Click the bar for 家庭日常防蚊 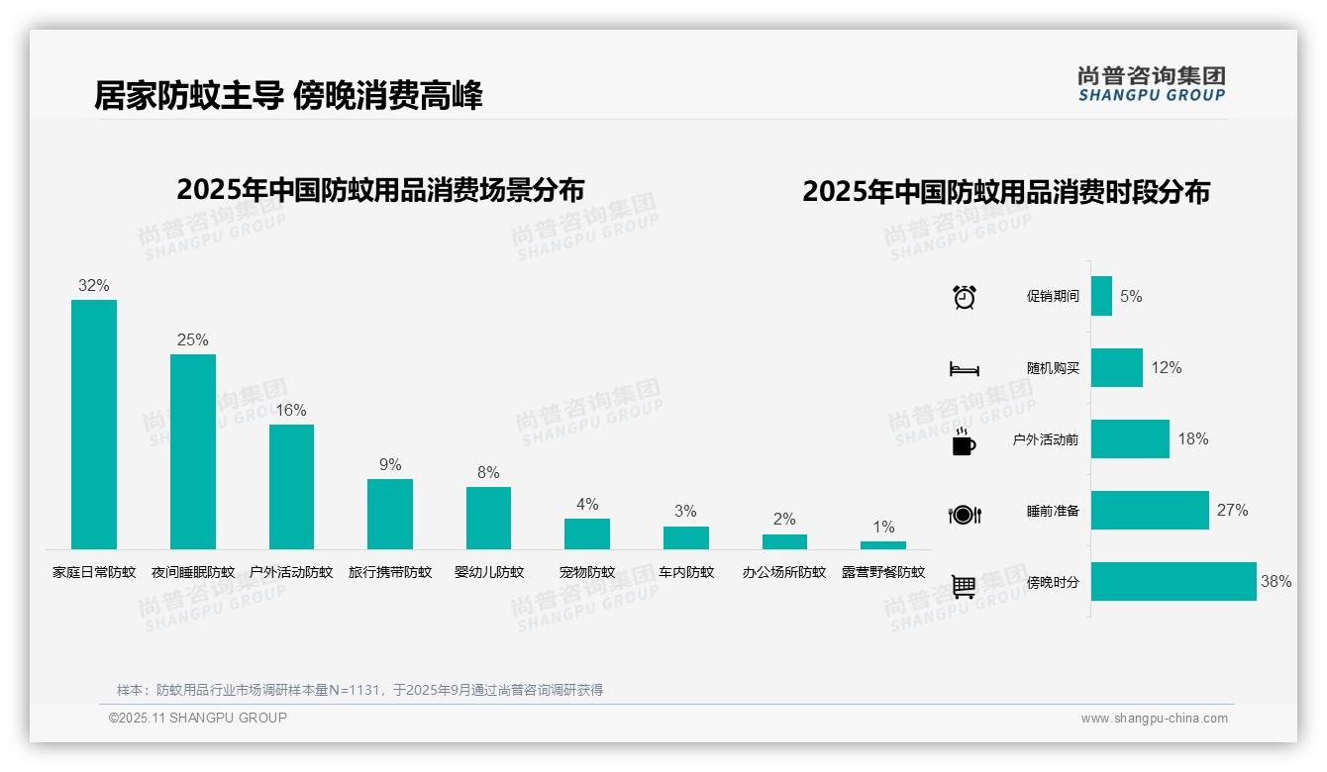pyautogui.click(x=94, y=425)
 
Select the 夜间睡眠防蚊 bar pyautogui.click(x=193, y=451)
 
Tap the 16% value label pyautogui.click(x=291, y=410)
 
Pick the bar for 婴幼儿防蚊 pyautogui.click(x=488, y=518)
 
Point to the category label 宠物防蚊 pyautogui.click(x=587, y=572)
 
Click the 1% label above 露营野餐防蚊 pyautogui.click(x=883, y=527)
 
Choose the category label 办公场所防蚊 pyautogui.click(x=784, y=572)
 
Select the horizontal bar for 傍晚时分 pyautogui.click(x=1174, y=582)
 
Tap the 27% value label pyautogui.click(x=1233, y=511)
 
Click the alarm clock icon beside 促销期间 pyautogui.click(x=965, y=297)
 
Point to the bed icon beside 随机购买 pyautogui.click(x=965, y=369)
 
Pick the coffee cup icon pyautogui.click(x=964, y=441)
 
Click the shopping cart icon pyautogui.click(x=964, y=586)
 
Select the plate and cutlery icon pyautogui.click(x=965, y=515)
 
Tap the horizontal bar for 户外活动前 pyautogui.click(x=1130, y=439)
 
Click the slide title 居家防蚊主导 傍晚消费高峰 pyautogui.click(x=288, y=96)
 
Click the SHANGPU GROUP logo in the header pyautogui.click(x=1152, y=84)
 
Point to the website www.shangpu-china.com pyautogui.click(x=1154, y=719)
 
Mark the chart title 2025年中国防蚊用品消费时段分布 pyautogui.click(x=1006, y=192)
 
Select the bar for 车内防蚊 pyautogui.click(x=686, y=537)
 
